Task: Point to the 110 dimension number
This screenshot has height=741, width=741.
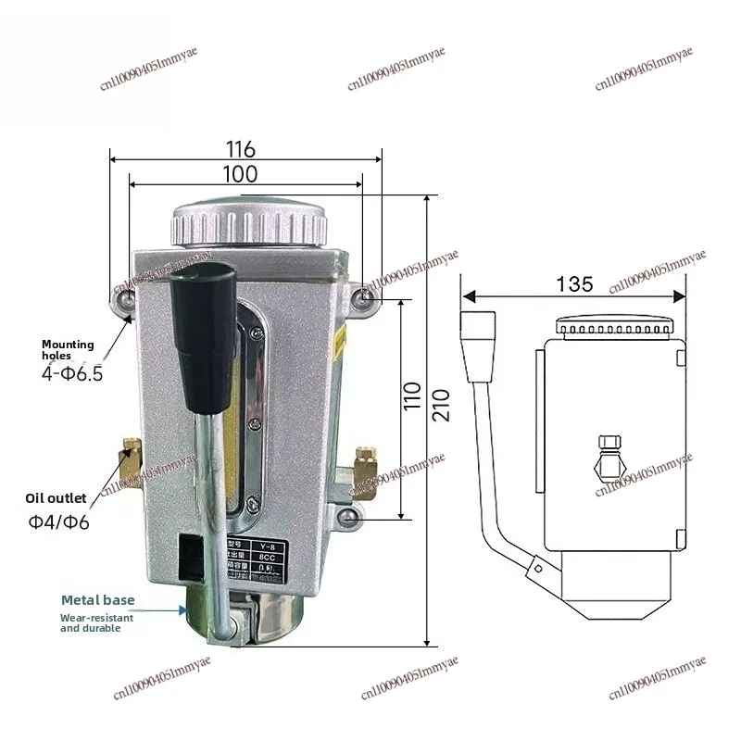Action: (x=413, y=400)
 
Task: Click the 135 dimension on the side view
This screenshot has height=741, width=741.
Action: (x=574, y=283)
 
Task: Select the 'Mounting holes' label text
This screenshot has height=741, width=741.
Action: (x=68, y=349)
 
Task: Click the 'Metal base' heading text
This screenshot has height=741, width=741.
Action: (x=97, y=600)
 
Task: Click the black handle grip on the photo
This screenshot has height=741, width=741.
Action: (x=202, y=333)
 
